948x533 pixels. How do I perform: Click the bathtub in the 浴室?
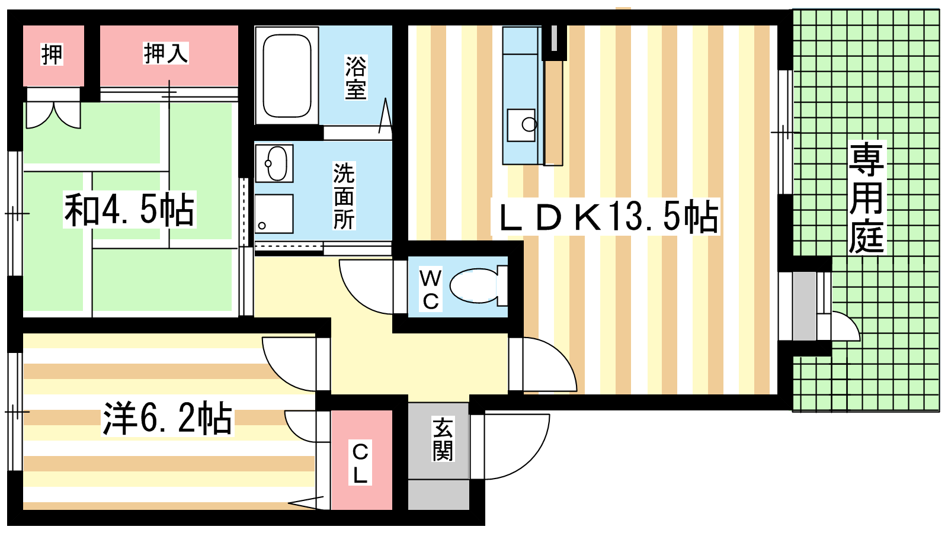pos(287,76)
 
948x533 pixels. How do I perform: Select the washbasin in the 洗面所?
pos(274,163)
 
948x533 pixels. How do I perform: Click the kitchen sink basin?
pos(521,125)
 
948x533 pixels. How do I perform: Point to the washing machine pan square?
pos(274,214)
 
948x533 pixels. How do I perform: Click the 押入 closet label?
pos(166,53)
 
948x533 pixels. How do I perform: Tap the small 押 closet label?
pos(52,54)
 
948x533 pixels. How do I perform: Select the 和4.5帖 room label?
pos(129,210)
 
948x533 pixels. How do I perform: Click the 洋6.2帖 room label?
pos(168,418)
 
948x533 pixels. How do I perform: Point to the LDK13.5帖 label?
pos(605,217)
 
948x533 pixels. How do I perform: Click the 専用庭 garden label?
pos(867,197)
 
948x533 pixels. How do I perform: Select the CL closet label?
pos(360,463)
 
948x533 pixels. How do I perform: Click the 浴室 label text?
pos(355,78)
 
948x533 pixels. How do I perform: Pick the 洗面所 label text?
pos(344,195)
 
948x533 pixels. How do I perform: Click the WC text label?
pos(430,290)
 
